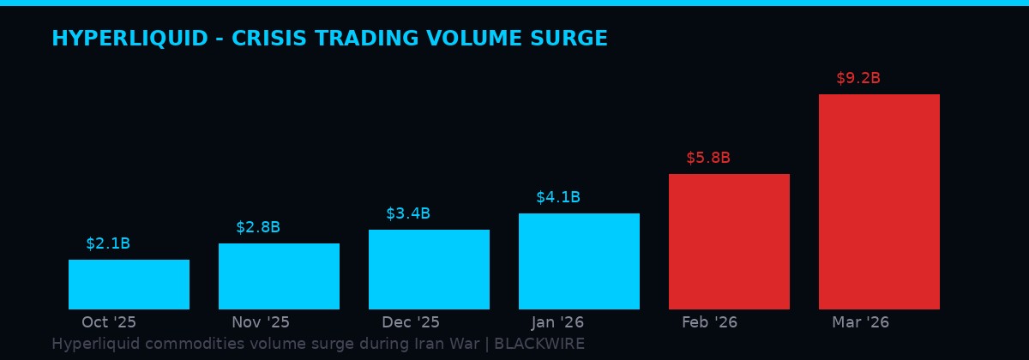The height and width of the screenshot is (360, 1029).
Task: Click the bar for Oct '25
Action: click(x=129, y=285)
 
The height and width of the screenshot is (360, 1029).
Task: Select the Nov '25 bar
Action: click(x=279, y=276)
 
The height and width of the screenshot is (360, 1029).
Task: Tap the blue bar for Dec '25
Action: click(x=429, y=269)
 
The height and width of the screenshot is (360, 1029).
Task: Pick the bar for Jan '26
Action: click(x=579, y=261)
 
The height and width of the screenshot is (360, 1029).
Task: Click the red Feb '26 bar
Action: click(x=729, y=242)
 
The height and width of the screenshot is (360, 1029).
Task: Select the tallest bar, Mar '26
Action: click(x=879, y=201)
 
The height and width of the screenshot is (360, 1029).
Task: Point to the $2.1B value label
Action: click(x=108, y=243)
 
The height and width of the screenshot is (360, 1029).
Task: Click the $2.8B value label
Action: click(x=258, y=227)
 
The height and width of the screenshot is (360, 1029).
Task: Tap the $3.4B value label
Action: click(x=408, y=213)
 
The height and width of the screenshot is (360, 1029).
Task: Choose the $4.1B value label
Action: click(x=558, y=197)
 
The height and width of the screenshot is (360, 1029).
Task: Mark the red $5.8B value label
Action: click(x=708, y=158)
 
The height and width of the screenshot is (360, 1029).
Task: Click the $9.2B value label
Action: click(x=858, y=78)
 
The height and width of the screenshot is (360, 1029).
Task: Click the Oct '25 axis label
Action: click(x=109, y=322)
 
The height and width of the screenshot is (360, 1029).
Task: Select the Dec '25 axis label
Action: click(x=411, y=322)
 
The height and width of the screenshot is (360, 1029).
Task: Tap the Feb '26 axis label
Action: click(x=709, y=322)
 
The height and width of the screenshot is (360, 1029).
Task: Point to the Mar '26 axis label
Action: click(x=860, y=322)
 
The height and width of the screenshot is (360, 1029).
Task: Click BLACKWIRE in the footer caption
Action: click(x=539, y=344)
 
